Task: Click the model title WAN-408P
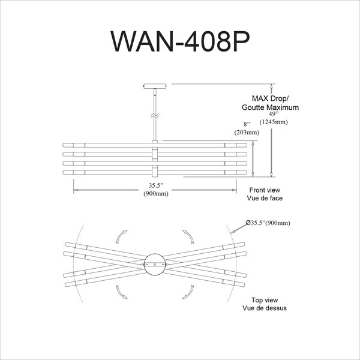tap(180, 41)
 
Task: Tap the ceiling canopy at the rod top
tap(155, 86)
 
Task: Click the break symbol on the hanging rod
tap(155, 116)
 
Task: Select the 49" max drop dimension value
tap(274, 114)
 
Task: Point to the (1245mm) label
tap(274, 122)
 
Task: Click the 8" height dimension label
tap(247, 124)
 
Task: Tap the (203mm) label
tap(247, 132)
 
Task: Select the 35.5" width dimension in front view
tap(156, 185)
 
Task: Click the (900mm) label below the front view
tap(156, 194)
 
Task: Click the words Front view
tap(265, 190)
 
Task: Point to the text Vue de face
tap(265, 198)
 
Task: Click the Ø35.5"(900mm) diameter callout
tap(268, 223)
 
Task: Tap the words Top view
tap(265, 300)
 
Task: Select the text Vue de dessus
tap(265, 308)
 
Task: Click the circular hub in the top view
tap(155, 264)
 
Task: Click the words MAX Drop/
tap(270, 98)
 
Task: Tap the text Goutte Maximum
tap(270, 107)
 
